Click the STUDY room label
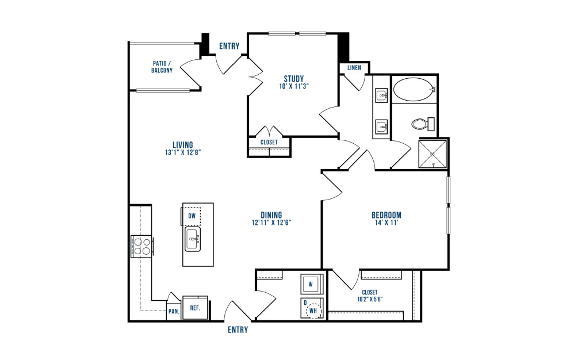(x=294, y=79)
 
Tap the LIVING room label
(x=183, y=145)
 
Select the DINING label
(x=271, y=215)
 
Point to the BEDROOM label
(x=386, y=215)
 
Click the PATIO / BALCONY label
(x=162, y=67)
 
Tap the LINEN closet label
(x=354, y=68)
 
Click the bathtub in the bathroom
(x=414, y=89)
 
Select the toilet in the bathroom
(x=423, y=124)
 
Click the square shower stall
(x=433, y=154)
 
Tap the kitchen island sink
(x=193, y=239)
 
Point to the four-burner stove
(x=141, y=246)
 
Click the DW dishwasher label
(x=192, y=216)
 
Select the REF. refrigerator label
(x=195, y=308)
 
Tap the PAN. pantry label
(x=174, y=312)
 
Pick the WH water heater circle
(x=313, y=311)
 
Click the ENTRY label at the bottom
(x=238, y=330)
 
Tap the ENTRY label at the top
(x=229, y=46)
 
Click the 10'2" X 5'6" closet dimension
(x=370, y=299)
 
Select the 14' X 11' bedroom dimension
(x=386, y=223)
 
